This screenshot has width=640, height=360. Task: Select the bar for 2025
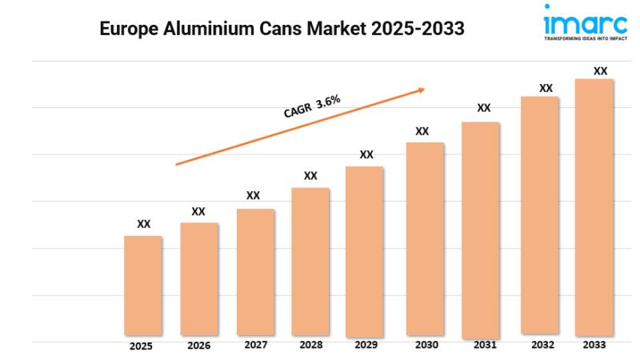pyautogui.click(x=143, y=285)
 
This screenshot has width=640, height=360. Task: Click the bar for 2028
pyautogui.click(x=310, y=261)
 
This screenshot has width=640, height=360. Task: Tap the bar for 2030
pyautogui.click(x=424, y=238)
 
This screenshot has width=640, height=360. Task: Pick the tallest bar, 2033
pyautogui.click(x=594, y=206)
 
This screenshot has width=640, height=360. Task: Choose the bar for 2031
pyautogui.click(x=481, y=228)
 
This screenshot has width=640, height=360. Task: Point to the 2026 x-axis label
pyautogui.click(x=198, y=346)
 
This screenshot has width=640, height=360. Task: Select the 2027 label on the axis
pyautogui.click(x=256, y=346)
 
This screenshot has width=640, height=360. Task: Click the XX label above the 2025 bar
pyautogui.click(x=143, y=225)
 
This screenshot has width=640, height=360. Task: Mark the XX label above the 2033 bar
pyautogui.click(x=600, y=71)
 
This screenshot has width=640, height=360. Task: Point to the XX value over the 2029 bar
pyautogui.click(x=366, y=154)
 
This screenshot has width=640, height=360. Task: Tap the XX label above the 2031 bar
pyautogui.click(x=483, y=108)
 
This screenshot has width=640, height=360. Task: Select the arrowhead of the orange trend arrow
pyautogui.click(x=421, y=90)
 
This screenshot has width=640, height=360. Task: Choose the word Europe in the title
pyautogui.click(x=127, y=28)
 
